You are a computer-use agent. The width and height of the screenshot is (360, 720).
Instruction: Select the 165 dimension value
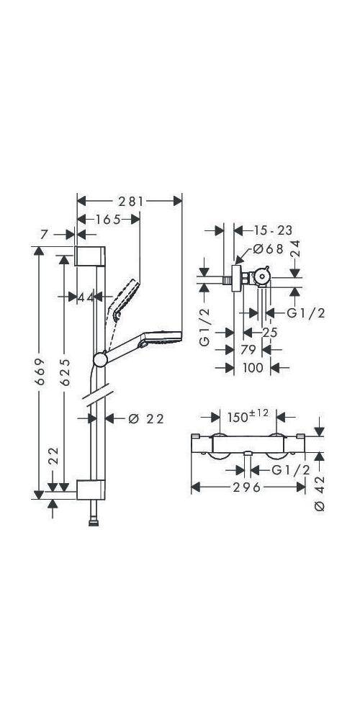109,220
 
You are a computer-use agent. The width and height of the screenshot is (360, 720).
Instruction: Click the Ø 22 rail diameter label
146,419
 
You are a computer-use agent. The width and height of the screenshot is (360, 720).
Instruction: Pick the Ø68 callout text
269,250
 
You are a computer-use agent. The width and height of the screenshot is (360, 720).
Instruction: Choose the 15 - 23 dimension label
273,230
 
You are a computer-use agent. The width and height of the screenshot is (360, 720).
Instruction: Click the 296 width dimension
246,487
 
